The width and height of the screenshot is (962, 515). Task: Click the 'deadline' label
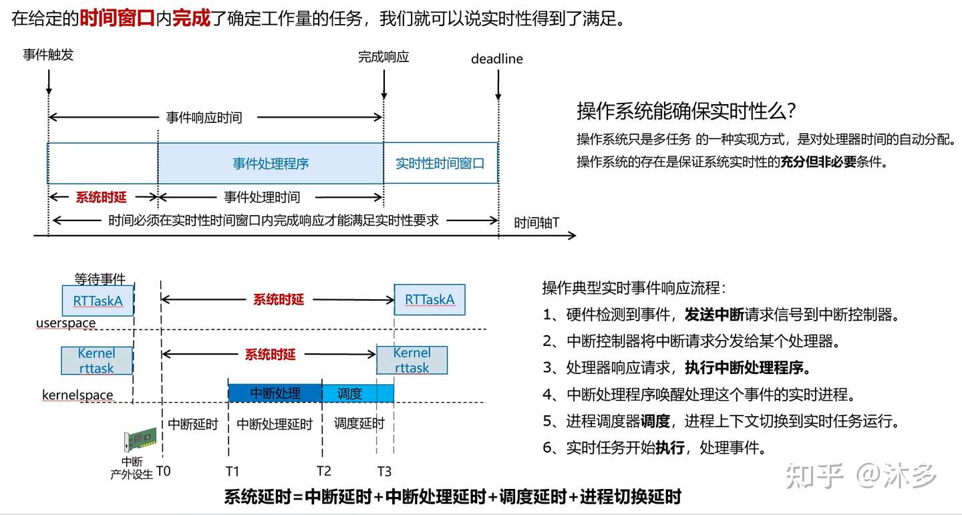496,59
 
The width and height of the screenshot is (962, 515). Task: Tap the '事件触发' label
48,55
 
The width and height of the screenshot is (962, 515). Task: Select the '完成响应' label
383,57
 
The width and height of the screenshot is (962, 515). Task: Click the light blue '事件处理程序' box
271,164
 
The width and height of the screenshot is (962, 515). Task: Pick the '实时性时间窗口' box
440,164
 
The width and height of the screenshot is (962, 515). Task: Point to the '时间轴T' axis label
536,222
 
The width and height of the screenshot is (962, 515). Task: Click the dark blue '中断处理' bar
275,393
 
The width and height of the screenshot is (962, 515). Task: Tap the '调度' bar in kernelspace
357,393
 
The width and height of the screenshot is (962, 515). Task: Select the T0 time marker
162,471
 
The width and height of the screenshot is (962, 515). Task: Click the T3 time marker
384,472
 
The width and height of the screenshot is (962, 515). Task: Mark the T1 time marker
232,472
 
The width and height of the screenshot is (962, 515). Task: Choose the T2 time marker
324,472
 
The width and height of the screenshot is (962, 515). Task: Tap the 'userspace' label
66,323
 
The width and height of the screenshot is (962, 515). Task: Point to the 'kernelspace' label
77,395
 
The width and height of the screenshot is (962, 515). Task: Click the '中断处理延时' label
275,424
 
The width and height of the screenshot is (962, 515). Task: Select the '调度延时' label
359,423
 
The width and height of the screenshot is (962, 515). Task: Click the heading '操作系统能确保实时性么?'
686,110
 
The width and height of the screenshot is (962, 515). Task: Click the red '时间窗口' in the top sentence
118,18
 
